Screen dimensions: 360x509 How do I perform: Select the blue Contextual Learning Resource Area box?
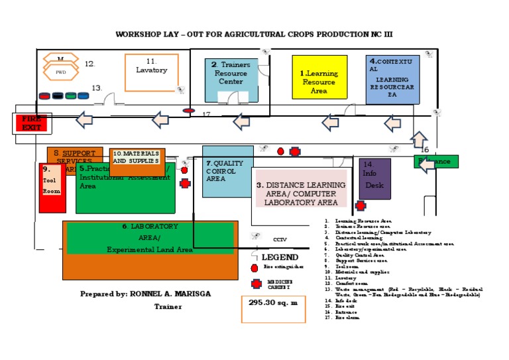[393, 80]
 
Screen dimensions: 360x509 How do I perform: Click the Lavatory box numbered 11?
[152, 72]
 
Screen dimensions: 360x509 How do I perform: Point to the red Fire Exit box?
[30, 123]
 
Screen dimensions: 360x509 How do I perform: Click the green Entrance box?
[436, 161]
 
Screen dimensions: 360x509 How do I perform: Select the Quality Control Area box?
[227, 171]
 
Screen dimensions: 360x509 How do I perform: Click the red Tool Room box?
[52, 188]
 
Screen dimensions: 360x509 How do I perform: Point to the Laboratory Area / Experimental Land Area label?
[149, 238]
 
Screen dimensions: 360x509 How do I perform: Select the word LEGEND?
[280, 257]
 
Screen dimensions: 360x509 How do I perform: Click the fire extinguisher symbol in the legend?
[254, 268]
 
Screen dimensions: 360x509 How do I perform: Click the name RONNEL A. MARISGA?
[170, 294]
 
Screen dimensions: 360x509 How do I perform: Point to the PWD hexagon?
[61, 72]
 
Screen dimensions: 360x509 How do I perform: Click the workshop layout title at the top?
[258, 34]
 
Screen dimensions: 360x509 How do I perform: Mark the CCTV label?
[279, 239]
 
